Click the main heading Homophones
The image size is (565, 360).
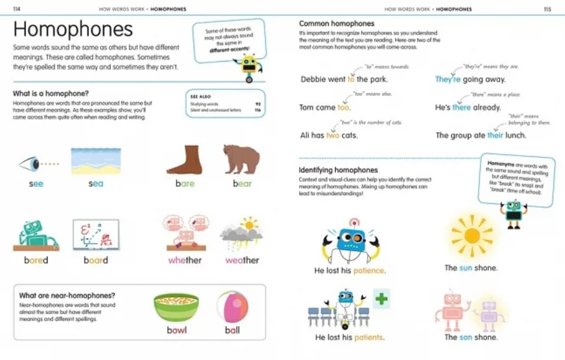pos(73,30)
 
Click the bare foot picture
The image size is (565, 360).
pos(185,159)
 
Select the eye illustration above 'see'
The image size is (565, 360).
pos(30,164)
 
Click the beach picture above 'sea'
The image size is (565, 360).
pos(96,161)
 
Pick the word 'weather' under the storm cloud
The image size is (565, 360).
pos(242,260)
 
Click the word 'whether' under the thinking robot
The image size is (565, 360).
pos(185,260)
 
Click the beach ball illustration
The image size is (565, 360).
pos(232,307)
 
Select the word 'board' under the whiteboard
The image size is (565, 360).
pos(96,260)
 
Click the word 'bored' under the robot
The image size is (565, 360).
pos(36,260)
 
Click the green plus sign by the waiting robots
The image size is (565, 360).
pos(381,298)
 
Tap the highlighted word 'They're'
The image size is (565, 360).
pos(448,79)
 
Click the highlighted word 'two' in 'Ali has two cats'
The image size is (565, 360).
pos(333,135)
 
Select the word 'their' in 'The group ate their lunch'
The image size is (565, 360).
pos(495,135)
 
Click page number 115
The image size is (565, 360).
pos(547,10)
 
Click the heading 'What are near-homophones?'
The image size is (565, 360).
pos(67,295)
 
